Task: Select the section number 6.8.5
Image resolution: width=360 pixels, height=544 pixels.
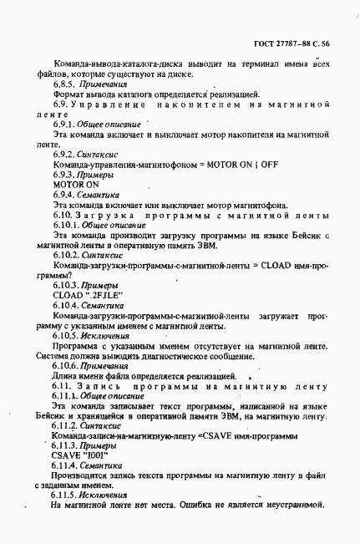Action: [x=65, y=84]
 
